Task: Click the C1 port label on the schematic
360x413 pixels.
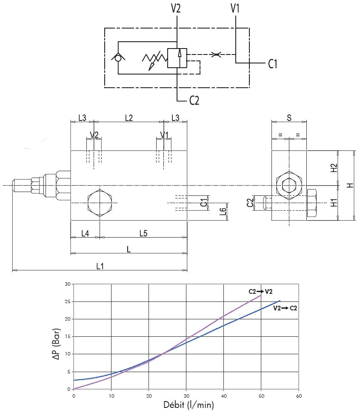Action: click(x=273, y=64)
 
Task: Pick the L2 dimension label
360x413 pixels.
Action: click(x=129, y=118)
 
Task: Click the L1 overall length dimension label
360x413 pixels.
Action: click(x=100, y=266)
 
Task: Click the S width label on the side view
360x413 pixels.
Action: click(x=289, y=118)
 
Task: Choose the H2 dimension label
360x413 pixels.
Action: click(x=334, y=168)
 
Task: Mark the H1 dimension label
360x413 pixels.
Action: click(x=334, y=203)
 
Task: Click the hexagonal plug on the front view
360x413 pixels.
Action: click(x=100, y=203)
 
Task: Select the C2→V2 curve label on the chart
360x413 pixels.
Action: click(x=260, y=292)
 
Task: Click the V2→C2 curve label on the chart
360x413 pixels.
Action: click(x=285, y=308)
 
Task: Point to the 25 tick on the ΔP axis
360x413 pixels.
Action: click(x=67, y=301)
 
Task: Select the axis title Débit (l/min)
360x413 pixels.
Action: click(x=189, y=404)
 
